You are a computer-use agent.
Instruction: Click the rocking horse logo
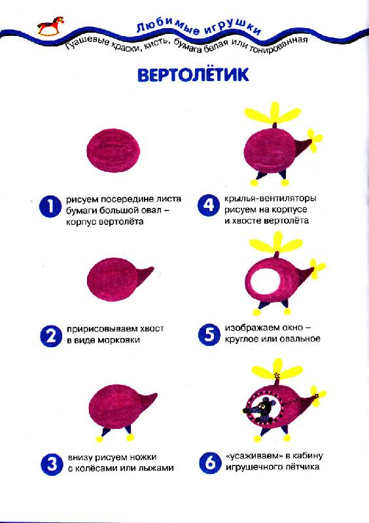coord(50,25)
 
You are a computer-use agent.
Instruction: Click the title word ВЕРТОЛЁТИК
coord(194,75)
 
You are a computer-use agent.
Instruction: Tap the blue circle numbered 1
coord(50,206)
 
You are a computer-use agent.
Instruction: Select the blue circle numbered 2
coord(51,336)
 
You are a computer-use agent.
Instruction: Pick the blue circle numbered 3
coord(52,464)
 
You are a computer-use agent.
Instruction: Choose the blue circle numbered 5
coord(209,335)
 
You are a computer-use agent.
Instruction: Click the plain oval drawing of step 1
coord(114,151)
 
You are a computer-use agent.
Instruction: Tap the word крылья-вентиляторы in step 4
coord(270,198)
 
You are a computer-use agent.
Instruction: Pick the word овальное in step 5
coord(302,339)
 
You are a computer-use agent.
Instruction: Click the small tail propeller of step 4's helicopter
coord(314,140)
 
